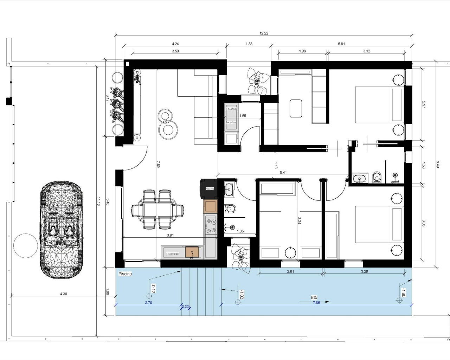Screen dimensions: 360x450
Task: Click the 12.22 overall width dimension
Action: tap(264, 33)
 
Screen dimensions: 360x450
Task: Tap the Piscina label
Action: tap(125, 274)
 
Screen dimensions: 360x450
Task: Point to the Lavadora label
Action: tap(231, 109)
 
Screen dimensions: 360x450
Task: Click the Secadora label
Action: tap(231, 122)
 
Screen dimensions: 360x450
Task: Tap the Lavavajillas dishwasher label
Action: tap(173, 253)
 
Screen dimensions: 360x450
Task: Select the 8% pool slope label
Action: tap(314, 297)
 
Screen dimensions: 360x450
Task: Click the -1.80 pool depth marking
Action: tap(403, 292)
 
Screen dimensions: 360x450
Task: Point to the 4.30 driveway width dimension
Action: tap(63, 294)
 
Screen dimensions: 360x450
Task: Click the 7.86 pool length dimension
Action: tap(316, 303)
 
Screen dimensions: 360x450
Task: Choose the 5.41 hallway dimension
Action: tap(283, 173)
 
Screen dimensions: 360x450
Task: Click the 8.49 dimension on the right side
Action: tap(438, 164)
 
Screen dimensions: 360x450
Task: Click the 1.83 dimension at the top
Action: tap(249, 44)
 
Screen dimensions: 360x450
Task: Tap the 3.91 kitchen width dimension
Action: tap(170, 236)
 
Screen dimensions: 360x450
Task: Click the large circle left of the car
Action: tap(25, 246)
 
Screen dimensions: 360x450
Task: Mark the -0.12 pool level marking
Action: tap(153, 288)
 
